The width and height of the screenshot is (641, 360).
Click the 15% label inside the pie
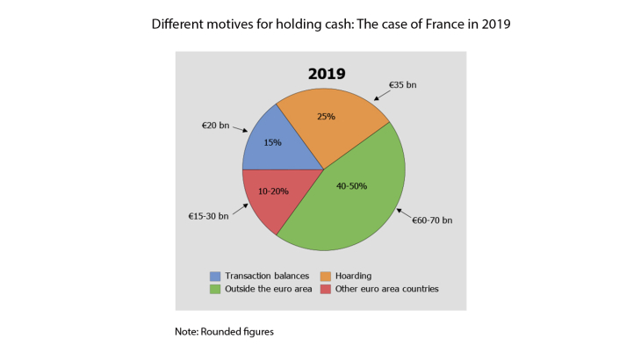(x=272, y=142)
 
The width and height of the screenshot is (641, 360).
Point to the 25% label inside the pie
(x=327, y=116)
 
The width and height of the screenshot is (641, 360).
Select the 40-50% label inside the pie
(x=350, y=185)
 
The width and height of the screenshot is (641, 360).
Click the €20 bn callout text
(x=215, y=126)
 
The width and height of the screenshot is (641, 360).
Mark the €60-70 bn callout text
(x=432, y=220)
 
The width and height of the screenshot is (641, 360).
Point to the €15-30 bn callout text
(x=208, y=215)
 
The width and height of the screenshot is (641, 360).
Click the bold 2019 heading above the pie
(x=325, y=74)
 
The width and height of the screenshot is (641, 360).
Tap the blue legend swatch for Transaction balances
(x=215, y=275)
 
